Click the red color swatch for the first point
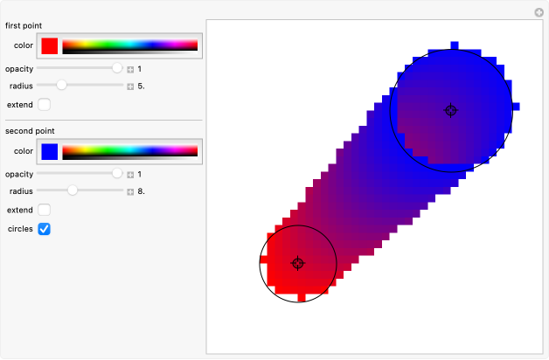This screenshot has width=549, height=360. tap(50, 45)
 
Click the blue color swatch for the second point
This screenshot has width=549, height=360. tap(50, 151)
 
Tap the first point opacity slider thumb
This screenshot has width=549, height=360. tap(118, 68)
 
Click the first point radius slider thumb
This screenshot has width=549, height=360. tap(61, 86)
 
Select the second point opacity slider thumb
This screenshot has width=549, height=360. tap(118, 174)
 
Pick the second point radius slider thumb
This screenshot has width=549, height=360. tap(73, 190)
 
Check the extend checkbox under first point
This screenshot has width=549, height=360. tap(44, 105)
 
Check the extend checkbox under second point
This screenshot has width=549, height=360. tap(44, 211)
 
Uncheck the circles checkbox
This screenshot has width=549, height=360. tap(44, 229)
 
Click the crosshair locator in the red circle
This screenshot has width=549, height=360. tap(298, 263)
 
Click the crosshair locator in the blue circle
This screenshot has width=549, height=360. tap(451, 110)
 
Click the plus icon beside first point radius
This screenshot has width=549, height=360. tap(130, 87)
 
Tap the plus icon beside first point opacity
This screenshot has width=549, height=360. tap(130, 69)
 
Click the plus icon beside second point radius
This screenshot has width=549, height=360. tap(130, 191)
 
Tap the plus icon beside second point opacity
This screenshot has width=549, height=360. tap(130, 175)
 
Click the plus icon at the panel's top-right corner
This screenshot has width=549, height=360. tap(539, 12)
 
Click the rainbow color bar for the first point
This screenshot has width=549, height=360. tap(130, 45)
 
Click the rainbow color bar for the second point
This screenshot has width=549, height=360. tap(130, 151)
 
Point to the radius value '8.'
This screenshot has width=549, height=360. tap(141, 191)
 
